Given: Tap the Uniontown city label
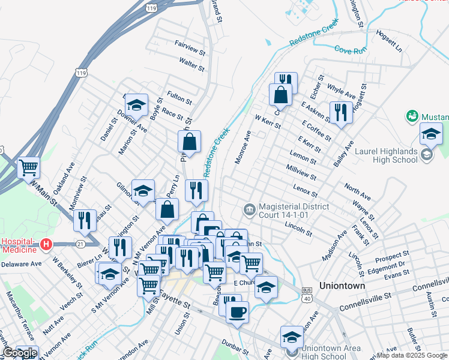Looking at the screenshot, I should click(x=342, y=286).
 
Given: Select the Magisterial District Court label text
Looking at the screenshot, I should click(x=292, y=210).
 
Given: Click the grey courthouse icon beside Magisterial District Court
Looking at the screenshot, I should click(x=249, y=209).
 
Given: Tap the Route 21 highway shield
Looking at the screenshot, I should click(x=81, y=244).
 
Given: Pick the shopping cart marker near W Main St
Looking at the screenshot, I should click(x=28, y=168).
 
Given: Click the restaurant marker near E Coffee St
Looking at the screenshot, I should click(x=340, y=112).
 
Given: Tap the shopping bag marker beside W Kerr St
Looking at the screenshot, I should click(x=280, y=94).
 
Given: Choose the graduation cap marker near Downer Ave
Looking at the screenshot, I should click(x=136, y=106).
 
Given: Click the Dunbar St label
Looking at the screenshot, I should click(x=235, y=347).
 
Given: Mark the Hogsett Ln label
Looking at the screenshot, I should click(x=388, y=41).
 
